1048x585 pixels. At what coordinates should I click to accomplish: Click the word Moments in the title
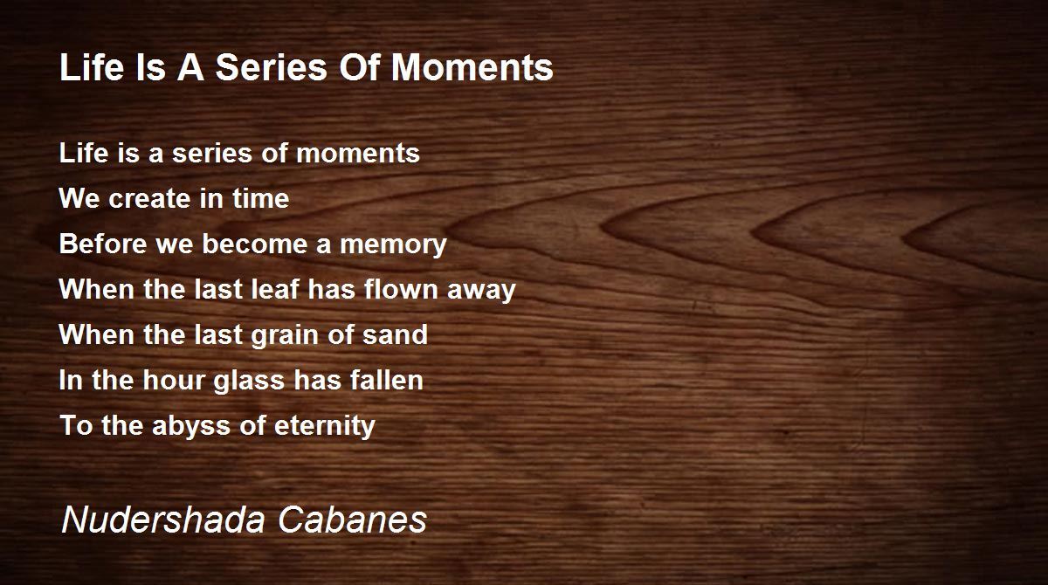472,67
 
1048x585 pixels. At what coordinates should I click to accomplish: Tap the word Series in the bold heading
272,67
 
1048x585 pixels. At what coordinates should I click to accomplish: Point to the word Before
103,244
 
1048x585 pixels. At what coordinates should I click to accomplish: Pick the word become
254,244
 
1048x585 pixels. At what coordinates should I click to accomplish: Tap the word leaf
275,289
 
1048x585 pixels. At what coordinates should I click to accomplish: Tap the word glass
249,381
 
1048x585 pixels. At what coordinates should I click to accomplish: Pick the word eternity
325,426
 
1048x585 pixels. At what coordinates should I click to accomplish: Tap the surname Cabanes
352,519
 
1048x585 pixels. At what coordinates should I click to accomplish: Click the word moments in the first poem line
358,154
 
